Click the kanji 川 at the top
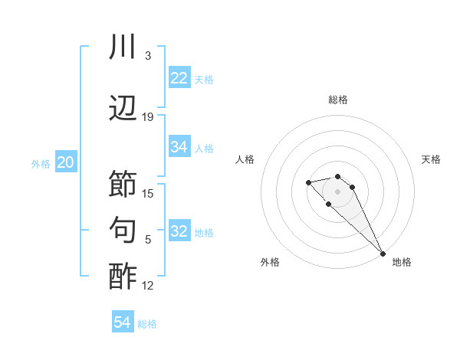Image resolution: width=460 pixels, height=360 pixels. coord(123,47)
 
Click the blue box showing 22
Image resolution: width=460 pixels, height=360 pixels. coord(179,78)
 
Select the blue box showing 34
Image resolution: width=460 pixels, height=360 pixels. coord(179,147)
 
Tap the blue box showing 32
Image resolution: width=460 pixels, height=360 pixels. coord(179,231)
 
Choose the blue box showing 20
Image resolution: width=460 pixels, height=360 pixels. coord(66,162)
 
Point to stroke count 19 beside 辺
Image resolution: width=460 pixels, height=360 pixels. coord(148,117)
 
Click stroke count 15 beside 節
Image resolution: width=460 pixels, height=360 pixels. coord(148,194)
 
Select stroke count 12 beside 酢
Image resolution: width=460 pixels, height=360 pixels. coord(148,286)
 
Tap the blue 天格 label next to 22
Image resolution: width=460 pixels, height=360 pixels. coord(204,79)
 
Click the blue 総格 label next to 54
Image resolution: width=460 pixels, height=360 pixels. coord(147,324)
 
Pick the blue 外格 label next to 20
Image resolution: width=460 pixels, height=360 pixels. coord(41,163)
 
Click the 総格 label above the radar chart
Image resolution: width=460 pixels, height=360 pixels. coord(338,100)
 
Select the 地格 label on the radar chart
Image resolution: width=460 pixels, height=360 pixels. coord(402,262)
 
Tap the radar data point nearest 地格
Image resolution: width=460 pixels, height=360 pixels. coord(383,254)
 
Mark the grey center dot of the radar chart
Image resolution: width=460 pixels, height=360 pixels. coord(337,191)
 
